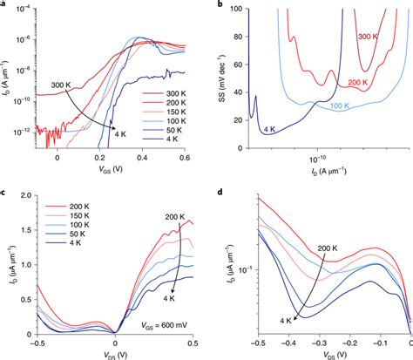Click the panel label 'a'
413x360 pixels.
[x=4, y=5]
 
